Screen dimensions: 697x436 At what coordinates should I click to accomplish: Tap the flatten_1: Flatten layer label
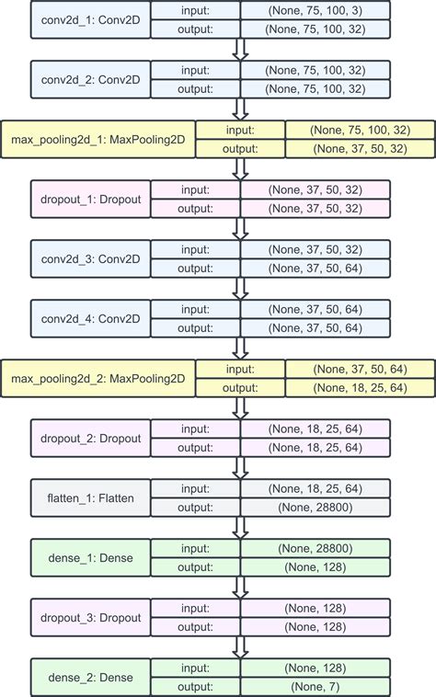89,497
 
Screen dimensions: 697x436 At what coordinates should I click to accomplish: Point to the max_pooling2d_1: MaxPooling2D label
98,139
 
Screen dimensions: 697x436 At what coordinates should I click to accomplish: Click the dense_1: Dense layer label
89,558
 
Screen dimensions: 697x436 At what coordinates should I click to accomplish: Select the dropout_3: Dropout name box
89,617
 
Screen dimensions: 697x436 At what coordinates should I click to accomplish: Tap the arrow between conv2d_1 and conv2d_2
240,50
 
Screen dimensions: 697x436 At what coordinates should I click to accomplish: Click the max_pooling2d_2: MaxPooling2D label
98,378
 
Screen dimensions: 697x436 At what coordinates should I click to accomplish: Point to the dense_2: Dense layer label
89,678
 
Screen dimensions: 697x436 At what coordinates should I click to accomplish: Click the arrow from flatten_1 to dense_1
240,528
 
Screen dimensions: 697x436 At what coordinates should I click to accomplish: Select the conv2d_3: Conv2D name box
89,258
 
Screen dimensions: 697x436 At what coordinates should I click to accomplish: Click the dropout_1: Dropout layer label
89,200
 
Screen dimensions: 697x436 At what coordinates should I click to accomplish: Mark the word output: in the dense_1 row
195,567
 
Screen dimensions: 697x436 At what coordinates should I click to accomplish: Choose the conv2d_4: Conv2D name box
89,318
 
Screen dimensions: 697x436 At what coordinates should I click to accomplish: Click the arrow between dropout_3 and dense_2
240,647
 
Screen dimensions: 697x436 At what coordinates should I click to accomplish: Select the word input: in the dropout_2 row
195,428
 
